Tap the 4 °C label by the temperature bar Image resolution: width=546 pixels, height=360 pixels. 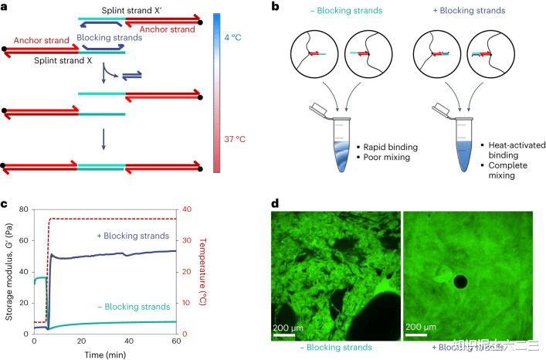(x=232, y=36)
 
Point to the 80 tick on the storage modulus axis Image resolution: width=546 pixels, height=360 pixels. (x=25, y=209)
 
